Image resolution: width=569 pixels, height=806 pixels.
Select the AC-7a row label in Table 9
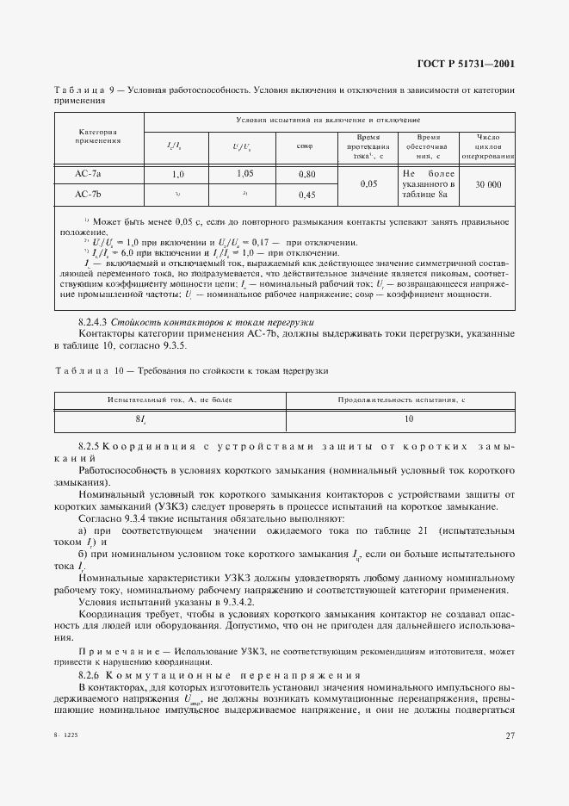88,174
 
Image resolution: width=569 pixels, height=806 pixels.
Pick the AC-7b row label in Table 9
88,195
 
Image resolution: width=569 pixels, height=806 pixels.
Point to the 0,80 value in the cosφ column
306,174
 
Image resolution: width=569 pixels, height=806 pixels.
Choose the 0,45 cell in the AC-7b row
306,195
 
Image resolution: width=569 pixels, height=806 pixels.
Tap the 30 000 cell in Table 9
488,184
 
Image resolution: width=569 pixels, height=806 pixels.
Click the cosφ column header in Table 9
305,146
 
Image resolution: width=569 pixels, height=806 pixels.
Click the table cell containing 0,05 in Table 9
368,184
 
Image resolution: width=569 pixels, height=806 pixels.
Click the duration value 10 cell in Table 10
408,419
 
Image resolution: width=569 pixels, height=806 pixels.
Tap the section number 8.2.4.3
96,322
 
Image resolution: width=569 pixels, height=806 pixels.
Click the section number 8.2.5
90,447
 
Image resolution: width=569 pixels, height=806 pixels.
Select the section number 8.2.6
90,675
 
